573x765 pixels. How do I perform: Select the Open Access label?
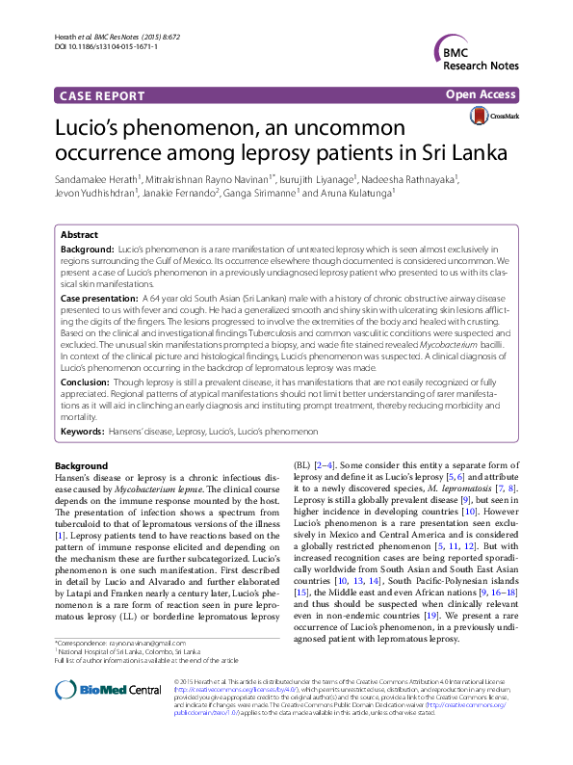coord(482,95)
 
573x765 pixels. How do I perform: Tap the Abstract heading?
coord(79,234)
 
